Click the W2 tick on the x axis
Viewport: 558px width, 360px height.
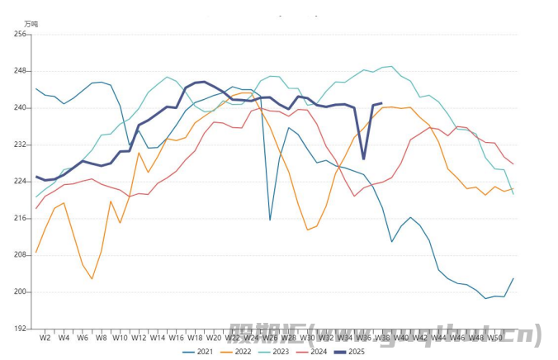(x=45, y=338)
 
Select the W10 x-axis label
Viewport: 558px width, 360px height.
(x=120, y=338)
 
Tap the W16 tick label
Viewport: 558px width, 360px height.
(x=176, y=338)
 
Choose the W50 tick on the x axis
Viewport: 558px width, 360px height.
(x=494, y=338)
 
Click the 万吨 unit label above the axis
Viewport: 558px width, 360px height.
(x=31, y=24)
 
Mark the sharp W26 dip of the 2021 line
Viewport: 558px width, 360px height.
(x=270, y=220)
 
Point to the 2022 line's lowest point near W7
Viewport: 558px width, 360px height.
(x=92, y=278)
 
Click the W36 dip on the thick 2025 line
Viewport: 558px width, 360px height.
(x=363, y=159)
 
